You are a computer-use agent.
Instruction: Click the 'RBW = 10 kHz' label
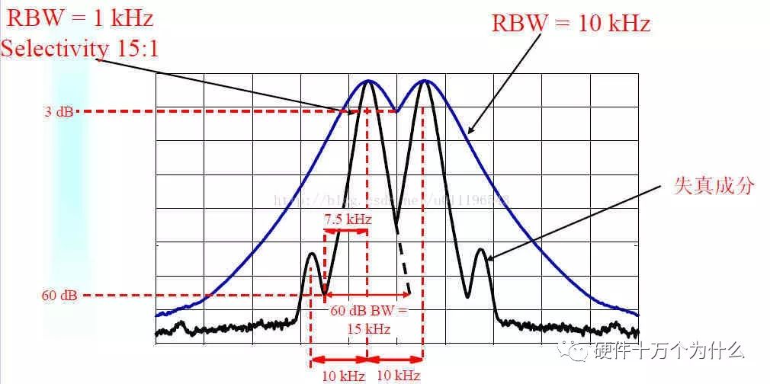[x=571, y=23]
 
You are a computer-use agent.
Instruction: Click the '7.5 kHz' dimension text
[x=348, y=219]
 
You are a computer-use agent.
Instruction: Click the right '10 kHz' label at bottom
[x=398, y=375]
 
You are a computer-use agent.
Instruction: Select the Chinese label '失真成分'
[x=713, y=185]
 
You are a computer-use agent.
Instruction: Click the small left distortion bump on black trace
[x=311, y=254]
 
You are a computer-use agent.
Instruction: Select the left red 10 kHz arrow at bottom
[x=339, y=359]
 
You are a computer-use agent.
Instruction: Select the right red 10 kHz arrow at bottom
[x=396, y=359]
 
